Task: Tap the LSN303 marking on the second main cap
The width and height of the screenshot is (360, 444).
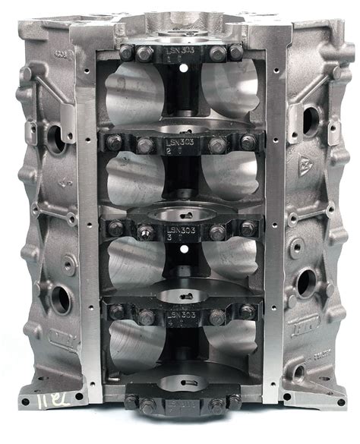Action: click(x=181, y=142)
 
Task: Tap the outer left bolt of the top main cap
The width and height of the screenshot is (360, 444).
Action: click(x=125, y=52)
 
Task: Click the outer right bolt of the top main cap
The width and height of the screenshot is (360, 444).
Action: click(x=236, y=52)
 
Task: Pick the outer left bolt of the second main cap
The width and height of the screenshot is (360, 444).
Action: click(x=114, y=142)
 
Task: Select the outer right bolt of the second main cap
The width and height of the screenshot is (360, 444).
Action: click(x=248, y=142)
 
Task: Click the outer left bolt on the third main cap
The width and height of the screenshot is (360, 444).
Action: click(x=115, y=227)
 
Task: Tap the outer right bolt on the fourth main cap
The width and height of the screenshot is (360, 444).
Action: click(x=248, y=310)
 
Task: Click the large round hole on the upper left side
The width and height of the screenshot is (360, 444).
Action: click(x=58, y=137)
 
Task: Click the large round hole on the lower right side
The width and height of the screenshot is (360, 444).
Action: click(x=307, y=283)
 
